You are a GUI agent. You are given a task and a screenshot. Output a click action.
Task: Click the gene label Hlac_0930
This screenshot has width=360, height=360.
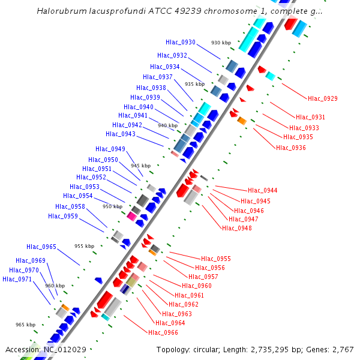pyautogui.click(x=181, y=42)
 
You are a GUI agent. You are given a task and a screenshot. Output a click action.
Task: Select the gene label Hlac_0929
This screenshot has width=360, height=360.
pyautogui.click(x=323, y=98)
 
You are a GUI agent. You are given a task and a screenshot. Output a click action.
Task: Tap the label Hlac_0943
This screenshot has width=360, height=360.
pyautogui.click(x=121, y=134)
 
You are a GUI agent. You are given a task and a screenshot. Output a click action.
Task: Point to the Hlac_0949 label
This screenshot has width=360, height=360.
pyautogui.click(x=110, y=149)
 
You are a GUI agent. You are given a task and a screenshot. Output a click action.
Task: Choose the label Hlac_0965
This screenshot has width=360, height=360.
pyautogui.click(x=41, y=247)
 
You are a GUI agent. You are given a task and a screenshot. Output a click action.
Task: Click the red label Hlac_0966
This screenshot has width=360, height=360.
pyautogui.click(x=163, y=332)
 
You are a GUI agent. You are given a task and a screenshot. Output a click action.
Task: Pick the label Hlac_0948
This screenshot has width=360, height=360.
pyautogui.click(x=237, y=228)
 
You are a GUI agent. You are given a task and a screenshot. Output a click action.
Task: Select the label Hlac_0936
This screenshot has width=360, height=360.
pyautogui.click(x=291, y=147)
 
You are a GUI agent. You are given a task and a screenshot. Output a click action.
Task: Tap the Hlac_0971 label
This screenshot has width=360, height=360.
pyautogui.click(x=17, y=279)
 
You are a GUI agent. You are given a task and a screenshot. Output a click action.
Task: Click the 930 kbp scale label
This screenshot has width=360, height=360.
pyautogui.click(x=221, y=43)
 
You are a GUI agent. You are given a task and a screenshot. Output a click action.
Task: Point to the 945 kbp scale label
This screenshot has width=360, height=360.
pyautogui.click(x=140, y=166)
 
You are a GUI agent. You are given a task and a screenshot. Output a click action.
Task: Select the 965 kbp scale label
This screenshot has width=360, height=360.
pyautogui.click(x=25, y=325)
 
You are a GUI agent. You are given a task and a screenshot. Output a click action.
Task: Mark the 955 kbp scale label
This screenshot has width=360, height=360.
pyautogui.click(x=84, y=246)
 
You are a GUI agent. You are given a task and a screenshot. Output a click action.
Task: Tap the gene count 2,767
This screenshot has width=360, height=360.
pyautogui.click(x=343, y=349)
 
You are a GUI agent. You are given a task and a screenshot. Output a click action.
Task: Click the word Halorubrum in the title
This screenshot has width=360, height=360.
pyautogui.click(x=59, y=11)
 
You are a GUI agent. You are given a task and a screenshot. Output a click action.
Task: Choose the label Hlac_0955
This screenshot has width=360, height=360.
pyautogui.click(x=216, y=259)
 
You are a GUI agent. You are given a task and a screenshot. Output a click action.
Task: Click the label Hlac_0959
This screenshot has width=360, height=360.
pyautogui.click(x=63, y=216)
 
